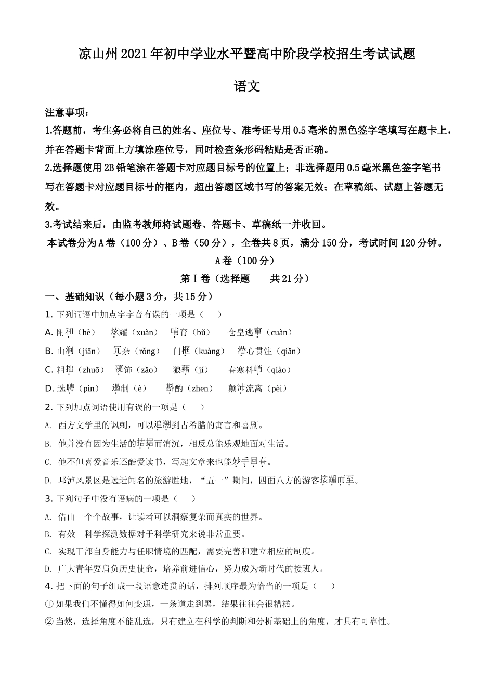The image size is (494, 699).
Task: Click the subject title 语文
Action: pyautogui.click(x=247, y=86)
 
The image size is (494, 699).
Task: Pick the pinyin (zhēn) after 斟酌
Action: pyautogui.click(x=202, y=389)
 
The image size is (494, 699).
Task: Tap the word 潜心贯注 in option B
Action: pyautogui.click(x=255, y=351)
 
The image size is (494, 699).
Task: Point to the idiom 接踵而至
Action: pyautogui.click(x=337, y=480)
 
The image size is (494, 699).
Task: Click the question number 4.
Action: pyautogui.click(x=48, y=586)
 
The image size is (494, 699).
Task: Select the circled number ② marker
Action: pyautogui.click(x=49, y=622)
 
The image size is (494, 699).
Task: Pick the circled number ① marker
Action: pyautogui.click(x=49, y=604)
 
